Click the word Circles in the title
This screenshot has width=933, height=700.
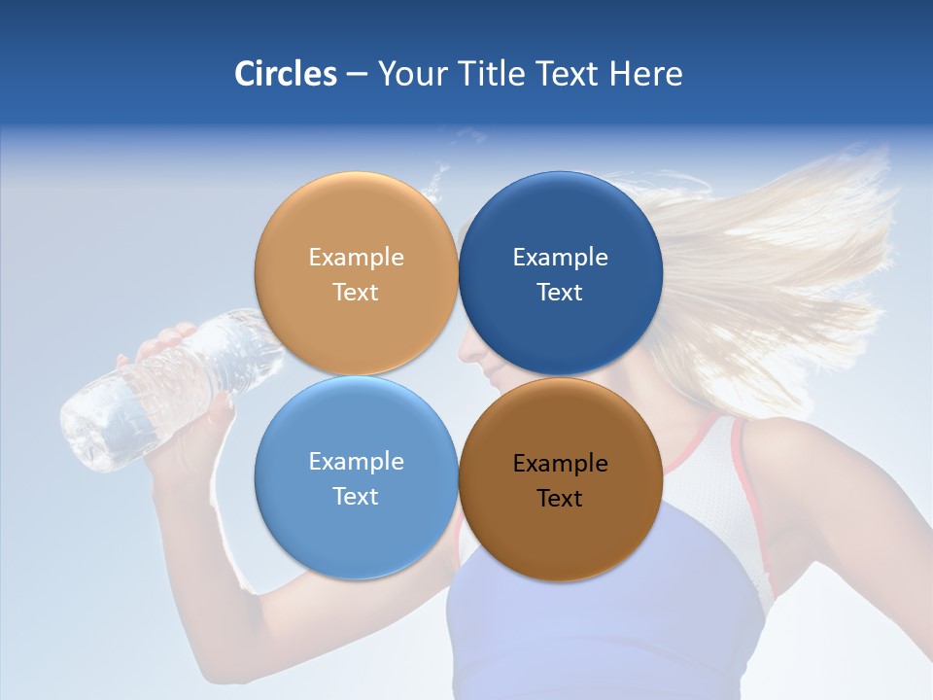(285, 74)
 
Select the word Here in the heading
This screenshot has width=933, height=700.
(645, 74)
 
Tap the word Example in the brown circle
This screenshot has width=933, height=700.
(560, 464)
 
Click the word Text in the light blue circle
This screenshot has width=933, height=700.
(356, 497)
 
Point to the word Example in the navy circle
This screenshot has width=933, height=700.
(560, 258)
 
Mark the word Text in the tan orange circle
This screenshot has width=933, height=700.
(356, 293)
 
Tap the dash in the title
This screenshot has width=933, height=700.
(357, 74)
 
